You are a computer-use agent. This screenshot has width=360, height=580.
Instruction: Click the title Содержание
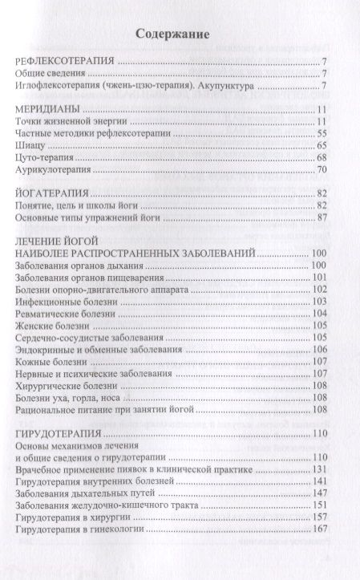tap(172, 34)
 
